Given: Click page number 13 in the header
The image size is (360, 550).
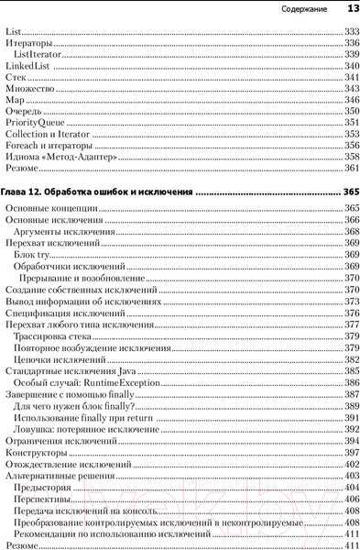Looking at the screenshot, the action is pos(352,9).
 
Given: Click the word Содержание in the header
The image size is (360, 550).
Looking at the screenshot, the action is pos(305,9).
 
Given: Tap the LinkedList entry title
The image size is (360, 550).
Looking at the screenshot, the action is pos(27,66).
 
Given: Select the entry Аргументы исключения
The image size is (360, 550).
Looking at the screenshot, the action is pos(58,232).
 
